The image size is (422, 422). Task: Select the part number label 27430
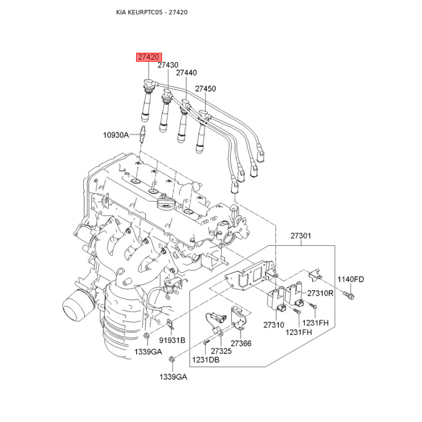[x=168, y=65]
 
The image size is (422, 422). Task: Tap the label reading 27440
[x=186, y=73]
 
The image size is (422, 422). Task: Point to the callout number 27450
[x=206, y=89]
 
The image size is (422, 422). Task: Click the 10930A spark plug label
[x=116, y=135]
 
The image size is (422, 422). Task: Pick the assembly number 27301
[x=301, y=237]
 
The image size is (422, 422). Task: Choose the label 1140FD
[x=351, y=280]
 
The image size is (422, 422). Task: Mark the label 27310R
[x=320, y=293]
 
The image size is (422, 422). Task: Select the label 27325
[x=221, y=351]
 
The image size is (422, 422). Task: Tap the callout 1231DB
[x=206, y=360]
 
